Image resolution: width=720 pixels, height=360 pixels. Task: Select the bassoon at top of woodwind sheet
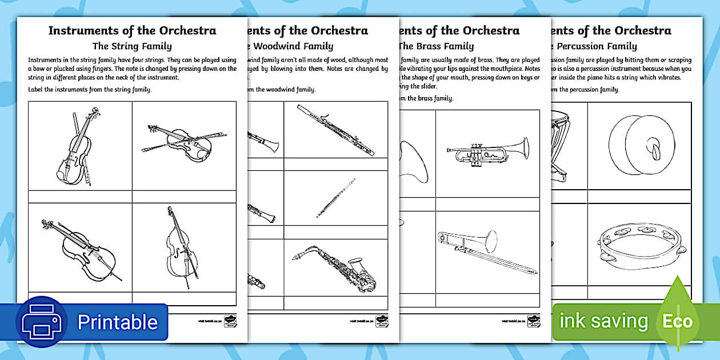[x=336, y=130]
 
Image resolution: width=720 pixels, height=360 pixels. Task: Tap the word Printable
[x=117, y=322]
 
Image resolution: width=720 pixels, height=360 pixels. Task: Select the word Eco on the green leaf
[x=677, y=321]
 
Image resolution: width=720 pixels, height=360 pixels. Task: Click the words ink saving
[x=603, y=321]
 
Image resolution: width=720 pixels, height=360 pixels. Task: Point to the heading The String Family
[x=132, y=46]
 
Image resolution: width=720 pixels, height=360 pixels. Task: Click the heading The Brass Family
[x=435, y=46]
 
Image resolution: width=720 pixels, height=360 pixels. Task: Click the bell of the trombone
[x=491, y=241]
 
